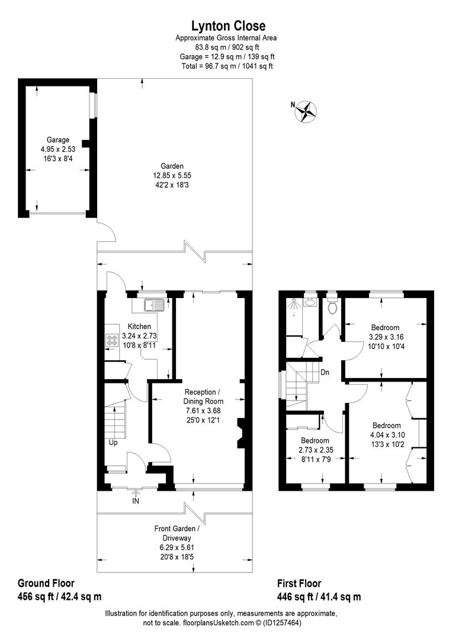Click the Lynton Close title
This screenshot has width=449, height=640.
(x=227, y=25)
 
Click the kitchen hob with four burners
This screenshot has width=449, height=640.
(x=113, y=341)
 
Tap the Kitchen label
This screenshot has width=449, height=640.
(x=139, y=327)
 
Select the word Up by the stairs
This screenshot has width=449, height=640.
(x=113, y=442)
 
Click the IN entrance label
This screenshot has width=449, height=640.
(x=136, y=501)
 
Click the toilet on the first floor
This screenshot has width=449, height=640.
(x=332, y=306)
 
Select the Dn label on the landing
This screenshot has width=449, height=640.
(x=325, y=373)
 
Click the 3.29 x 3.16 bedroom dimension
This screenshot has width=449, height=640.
(x=385, y=337)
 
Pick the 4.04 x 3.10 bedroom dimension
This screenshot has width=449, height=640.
(x=386, y=435)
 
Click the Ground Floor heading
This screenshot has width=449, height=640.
(x=46, y=583)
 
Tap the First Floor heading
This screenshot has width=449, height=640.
(x=299, y=583)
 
